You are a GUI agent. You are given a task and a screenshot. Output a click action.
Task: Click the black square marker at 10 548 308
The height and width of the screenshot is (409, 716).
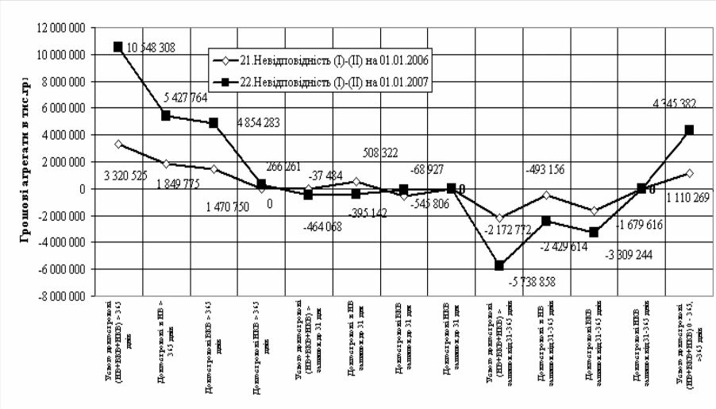(117, 47)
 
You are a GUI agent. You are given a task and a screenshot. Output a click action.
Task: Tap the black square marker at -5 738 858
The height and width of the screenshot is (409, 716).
(499, 265)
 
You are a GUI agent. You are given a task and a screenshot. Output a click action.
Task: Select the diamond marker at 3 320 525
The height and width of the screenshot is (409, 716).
(117, 145)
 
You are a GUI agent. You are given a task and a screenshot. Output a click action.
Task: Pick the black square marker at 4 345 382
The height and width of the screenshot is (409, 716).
(690, 129)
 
